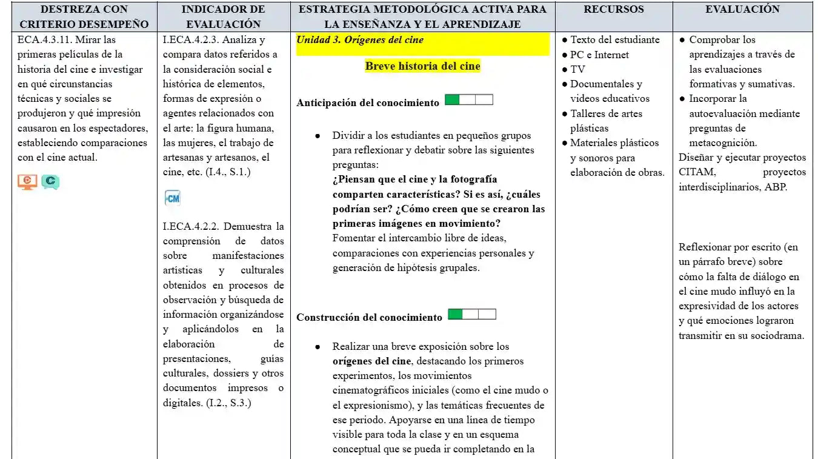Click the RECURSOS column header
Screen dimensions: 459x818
(x=613, y=10)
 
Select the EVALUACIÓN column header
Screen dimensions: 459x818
(x=742, y=10)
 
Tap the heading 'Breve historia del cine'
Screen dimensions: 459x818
(x=422, y=66)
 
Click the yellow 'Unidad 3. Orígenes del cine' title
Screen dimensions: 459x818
(x=360, y=40)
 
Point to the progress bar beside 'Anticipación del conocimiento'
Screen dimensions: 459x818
(x=468, y=100)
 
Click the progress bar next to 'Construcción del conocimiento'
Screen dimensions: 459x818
(x=471, y=314)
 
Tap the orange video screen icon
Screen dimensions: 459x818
(x=27, y=181)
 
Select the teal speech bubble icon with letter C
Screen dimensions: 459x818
(x=50, y=181)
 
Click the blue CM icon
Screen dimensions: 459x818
(x=172, y=198)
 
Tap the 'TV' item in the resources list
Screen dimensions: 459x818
(x=577, y=69)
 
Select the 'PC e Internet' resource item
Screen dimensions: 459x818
(x=599, y=55)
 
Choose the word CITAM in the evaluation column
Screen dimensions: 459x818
(x=697, y=172)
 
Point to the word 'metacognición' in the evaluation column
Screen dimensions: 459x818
(x=723, y=143)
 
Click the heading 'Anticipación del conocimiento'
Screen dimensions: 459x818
(x=368, y=103)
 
